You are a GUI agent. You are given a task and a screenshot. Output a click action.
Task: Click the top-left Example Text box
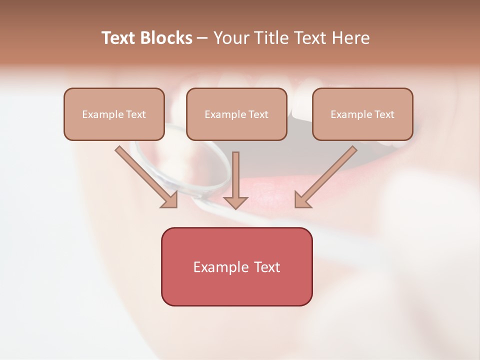114,114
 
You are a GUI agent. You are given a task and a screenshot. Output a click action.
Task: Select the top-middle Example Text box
236,114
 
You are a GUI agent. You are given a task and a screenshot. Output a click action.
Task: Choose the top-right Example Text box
362,114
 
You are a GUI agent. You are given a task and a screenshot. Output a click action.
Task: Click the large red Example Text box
236,266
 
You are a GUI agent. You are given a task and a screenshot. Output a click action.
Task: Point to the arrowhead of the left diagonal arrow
170,200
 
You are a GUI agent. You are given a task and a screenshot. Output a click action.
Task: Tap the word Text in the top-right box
383,114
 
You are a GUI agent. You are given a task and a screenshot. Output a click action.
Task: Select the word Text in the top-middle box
258,114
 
